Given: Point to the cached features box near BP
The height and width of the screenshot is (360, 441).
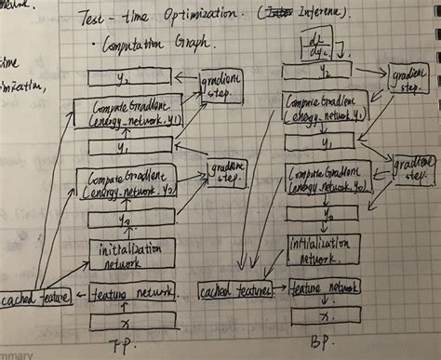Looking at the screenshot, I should coord(234,290).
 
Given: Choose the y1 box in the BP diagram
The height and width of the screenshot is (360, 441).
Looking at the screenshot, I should coord(321,139).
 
